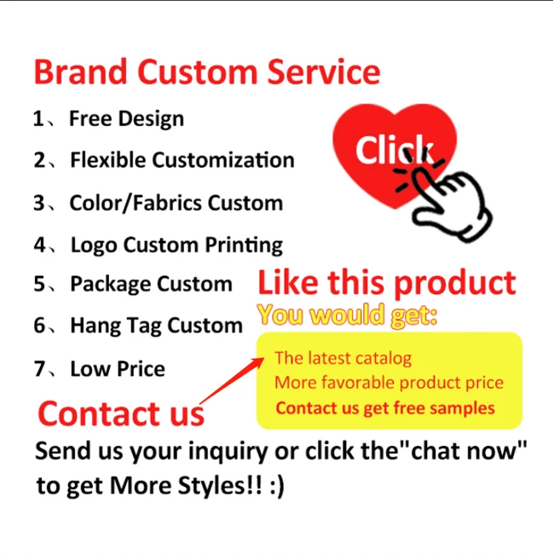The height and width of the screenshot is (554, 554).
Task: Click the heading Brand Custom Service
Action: tap(207, 72)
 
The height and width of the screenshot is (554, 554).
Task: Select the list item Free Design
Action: tap(126, 118)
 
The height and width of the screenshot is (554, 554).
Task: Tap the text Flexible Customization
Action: tap(182, 160)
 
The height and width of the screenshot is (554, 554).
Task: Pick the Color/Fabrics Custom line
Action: tap(176, 204)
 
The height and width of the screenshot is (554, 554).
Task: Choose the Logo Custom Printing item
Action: tap(176, 245)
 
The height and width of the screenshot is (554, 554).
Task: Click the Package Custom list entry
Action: tap(150, 284)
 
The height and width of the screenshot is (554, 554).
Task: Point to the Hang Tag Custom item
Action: tap(156, 326)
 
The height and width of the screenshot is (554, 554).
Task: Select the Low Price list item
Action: tap(118, 369)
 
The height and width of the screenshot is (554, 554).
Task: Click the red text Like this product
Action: tap(387, 283)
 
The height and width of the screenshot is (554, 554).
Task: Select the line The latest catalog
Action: tap(343, 358)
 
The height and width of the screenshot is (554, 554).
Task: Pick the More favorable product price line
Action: tap(389, 383)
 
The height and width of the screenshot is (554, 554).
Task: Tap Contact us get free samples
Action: tap(384, 407)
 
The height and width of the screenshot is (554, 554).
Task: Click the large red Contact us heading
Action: tap(121, 413)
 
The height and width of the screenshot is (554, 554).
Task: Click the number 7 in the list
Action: tap(39, 369)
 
